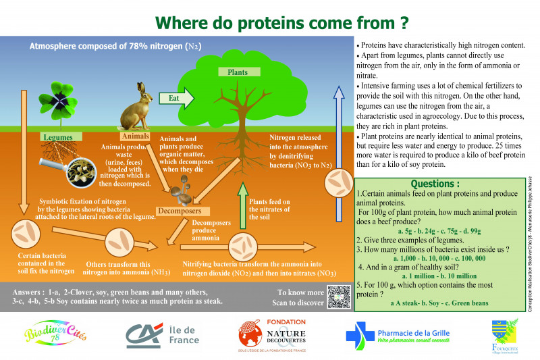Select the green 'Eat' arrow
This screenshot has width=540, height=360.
177,99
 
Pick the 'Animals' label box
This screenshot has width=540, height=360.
135,136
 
